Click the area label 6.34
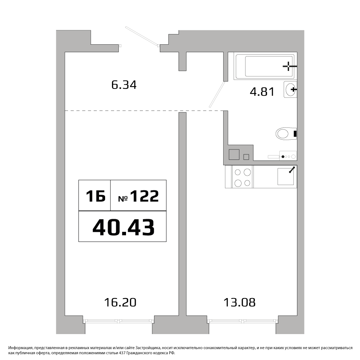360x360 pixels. click(124, 85)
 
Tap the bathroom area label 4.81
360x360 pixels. click(262, 92)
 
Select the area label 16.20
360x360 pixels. click(120, 302)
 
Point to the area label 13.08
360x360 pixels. click(239, 302)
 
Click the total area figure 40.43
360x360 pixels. click(123, 227)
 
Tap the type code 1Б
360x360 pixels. click(95, 196)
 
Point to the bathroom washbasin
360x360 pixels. click(291, 89)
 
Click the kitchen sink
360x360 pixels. click(285, 176)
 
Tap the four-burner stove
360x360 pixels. click(242, 176)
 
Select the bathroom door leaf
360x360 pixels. click(217, 95)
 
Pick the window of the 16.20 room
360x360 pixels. click(118, 321)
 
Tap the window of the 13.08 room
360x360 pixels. click(243, 321)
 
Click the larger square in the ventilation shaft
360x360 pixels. click(234, 154)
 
